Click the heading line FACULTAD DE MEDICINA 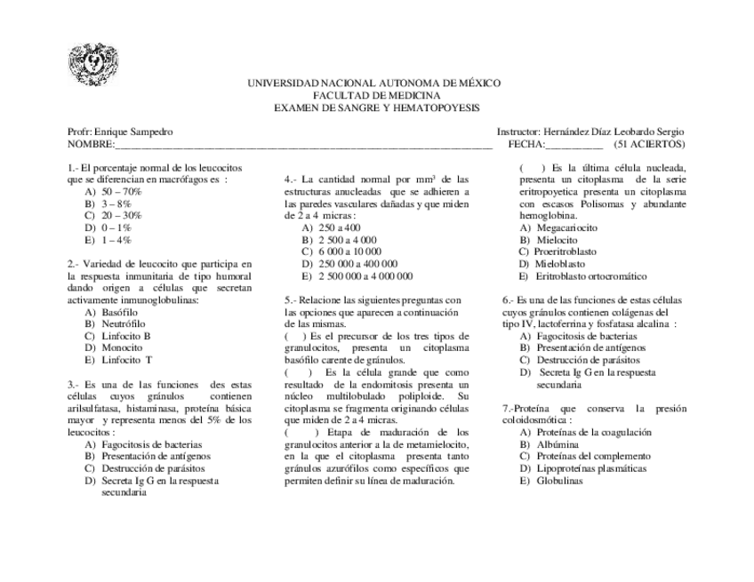click(376, 95)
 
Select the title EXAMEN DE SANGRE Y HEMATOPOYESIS click(376, 108)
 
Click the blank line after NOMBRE click(302, 144)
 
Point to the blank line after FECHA click(574, 144)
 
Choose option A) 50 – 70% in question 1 click(114, 192)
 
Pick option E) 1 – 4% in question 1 click(108, 241)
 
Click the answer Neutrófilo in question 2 click(123, 324)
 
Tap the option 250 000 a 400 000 click(349, 264)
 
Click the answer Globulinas click(557, 481)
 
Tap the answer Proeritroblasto click(564, 252)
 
